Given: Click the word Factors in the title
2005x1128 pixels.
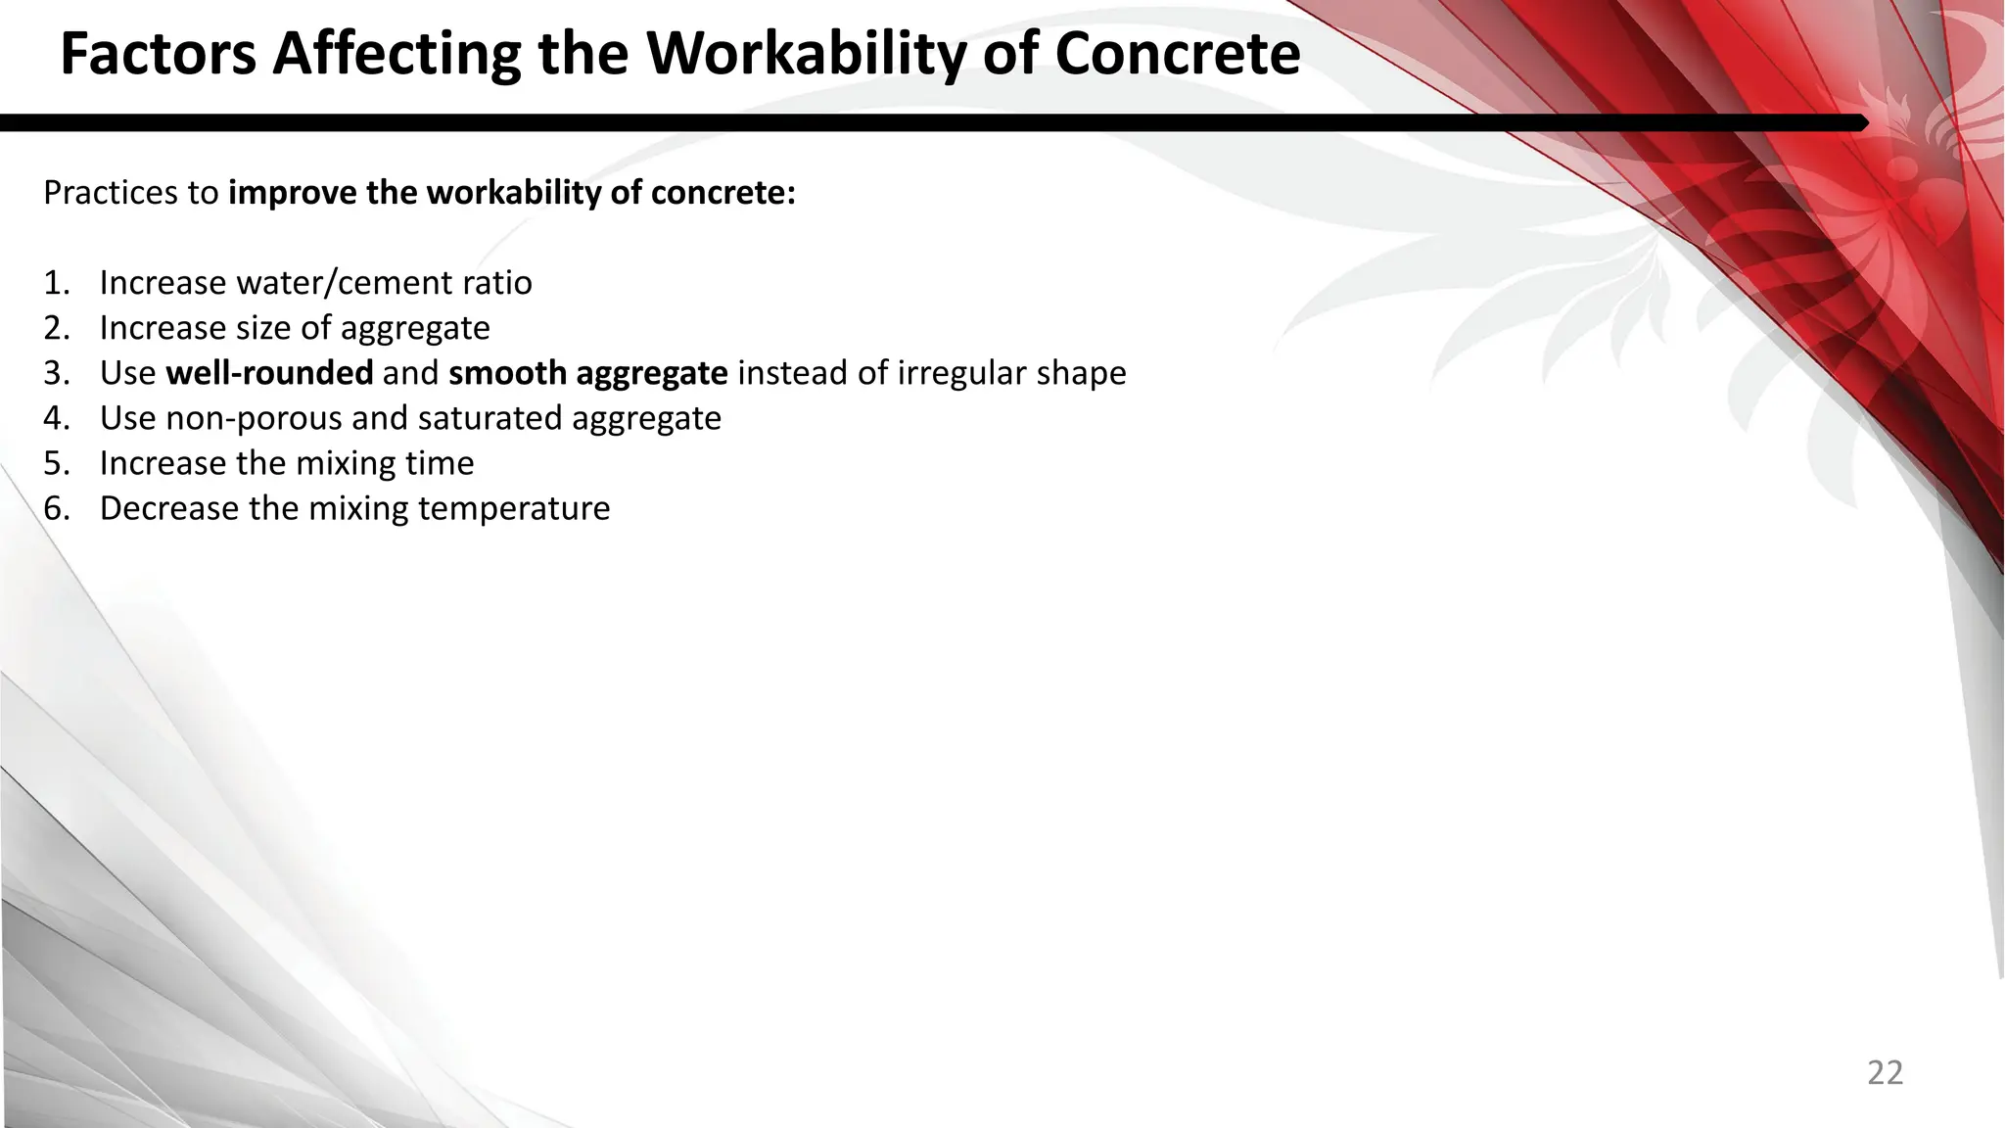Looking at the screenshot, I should click(159, 54).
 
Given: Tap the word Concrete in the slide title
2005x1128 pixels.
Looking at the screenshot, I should click(1178, 54).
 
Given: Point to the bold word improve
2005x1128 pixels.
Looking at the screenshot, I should click(294, 193).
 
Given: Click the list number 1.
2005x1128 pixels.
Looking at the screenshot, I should click(55, 283).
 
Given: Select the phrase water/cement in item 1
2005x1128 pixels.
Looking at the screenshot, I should click(335, 283).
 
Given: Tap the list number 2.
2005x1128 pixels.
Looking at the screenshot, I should click(56, 328).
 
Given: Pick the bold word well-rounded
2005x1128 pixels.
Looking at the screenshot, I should click(269, 373).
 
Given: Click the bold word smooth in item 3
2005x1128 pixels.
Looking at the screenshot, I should click(507, 373).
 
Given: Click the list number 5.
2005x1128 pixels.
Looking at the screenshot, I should click(56, 463).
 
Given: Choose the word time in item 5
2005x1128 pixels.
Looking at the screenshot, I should click(441, 463).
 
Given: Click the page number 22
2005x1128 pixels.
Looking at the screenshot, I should click(1885, 1073).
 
